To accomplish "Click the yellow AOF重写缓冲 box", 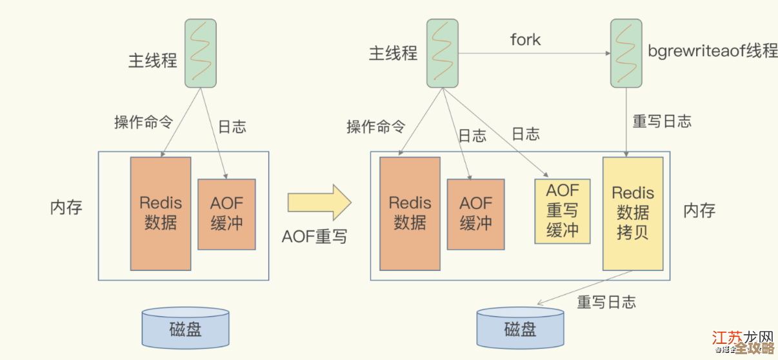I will click(563, 211).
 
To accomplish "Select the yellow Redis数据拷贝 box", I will click(633, 213).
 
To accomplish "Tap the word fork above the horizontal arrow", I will click(525, 40).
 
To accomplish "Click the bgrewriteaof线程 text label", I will click(712, 52).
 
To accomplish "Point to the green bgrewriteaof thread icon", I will click(626, 53).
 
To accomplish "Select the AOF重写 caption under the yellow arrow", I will click(314, 237).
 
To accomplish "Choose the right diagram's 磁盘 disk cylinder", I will click(520, 329).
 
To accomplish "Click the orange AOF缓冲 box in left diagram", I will click(226, 214).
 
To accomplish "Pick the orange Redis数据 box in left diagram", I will click(161, 213).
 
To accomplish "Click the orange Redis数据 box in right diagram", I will click(410, 213).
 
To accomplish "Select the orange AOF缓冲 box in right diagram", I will click(475, 214).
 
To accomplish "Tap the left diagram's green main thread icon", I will click(201, 53).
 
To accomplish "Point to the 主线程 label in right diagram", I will click(393, 53).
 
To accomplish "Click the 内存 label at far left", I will click(66, 208).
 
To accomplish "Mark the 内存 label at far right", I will click(699, 210).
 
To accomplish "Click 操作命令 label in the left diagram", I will click(143, 122).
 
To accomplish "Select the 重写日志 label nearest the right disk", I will click(606, 302).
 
